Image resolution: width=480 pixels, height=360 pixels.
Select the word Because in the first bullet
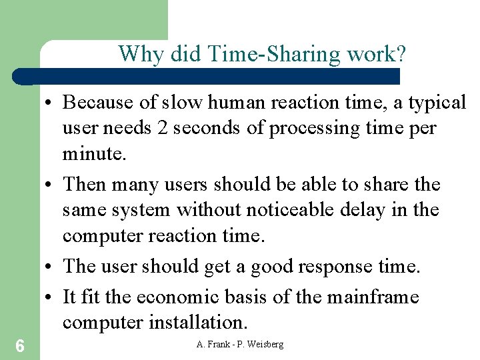pos(101,103)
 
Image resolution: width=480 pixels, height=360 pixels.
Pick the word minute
pos(93,154)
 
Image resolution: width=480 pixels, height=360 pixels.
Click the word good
pos(273,266)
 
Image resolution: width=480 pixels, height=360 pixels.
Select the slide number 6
pos(20,345)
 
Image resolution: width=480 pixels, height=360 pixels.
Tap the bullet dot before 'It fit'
pos(52,296)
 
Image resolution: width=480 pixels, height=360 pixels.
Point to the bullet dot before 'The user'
pos(52,266)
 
